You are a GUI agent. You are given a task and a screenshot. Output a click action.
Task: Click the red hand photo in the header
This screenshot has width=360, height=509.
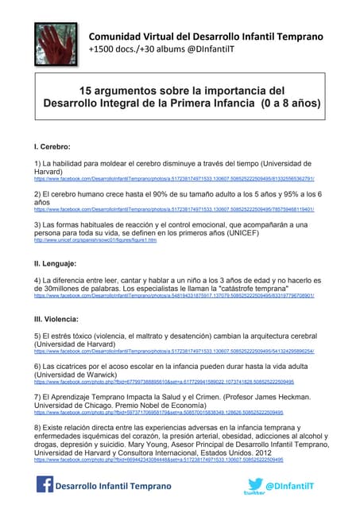(55, 42)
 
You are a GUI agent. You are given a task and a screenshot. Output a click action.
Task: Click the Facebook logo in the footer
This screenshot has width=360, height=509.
(46, 485)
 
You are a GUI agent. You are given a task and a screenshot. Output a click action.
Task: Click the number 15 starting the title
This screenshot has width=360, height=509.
(91, 91)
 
